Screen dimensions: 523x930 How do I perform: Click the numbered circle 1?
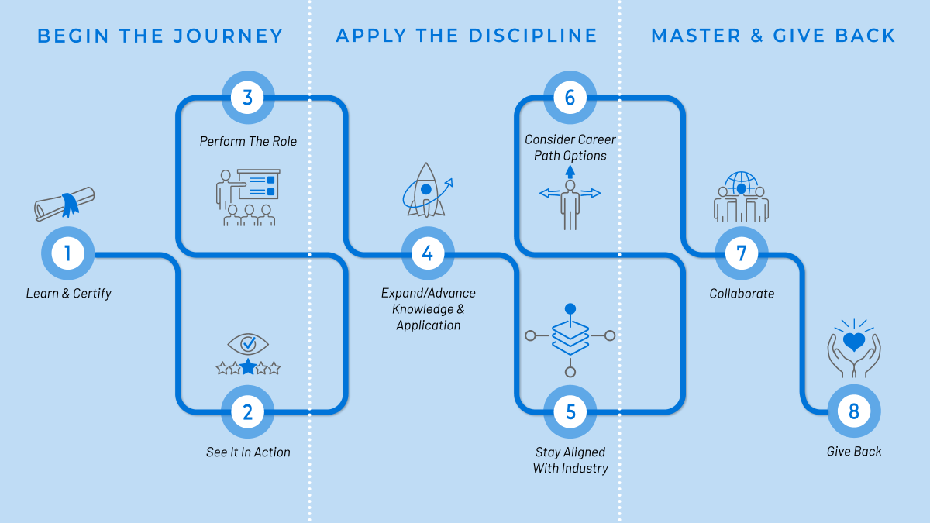click(x=68, y=253)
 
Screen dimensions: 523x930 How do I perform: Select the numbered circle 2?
click(x=248, y=412)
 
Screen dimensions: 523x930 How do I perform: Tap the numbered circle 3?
click(x=248, y=98)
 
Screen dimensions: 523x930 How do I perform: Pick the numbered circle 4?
click(x=427, y=253)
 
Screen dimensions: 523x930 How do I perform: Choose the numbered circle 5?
click(x=570, y=412)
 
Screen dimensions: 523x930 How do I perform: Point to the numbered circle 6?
click(x=570, y=98)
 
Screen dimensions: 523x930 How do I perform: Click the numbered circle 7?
click(x=742, y=253)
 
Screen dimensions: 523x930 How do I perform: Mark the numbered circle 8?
click(x=854, y=412)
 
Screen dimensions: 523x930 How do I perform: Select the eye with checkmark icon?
click(x=248, y=343)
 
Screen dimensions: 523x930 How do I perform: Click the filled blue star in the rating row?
click(x=248, y=367)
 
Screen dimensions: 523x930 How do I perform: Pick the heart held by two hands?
click(x=854, y=342)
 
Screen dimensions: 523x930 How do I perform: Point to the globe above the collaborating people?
click(x=742, y=183)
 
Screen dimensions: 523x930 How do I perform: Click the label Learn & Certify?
click(x=68, y=294)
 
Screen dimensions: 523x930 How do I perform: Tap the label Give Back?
click(x=854, y=452)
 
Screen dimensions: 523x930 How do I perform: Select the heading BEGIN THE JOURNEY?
click(x=160, y=36)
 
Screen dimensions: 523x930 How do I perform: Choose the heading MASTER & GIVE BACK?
click(x=773, y=36)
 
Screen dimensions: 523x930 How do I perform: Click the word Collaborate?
click(x=742, y=294)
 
